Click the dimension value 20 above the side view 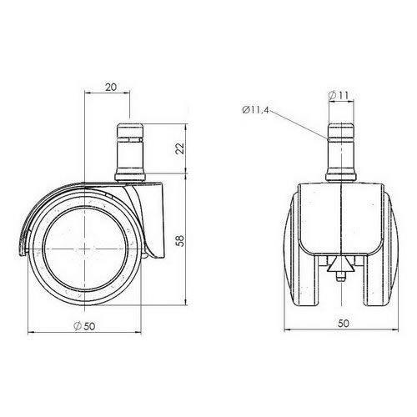tap(111, 87)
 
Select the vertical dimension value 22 tap(180, 148)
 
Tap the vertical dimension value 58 tap(180, 241)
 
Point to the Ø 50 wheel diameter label tap(84, 326)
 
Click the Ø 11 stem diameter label tap(339, 95)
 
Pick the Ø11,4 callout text tap(255, 110)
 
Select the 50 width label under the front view tap(344, 324)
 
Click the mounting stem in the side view tap(130, 152)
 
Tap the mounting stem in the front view tap(341, 152)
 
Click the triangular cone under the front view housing tap(341, 264)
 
